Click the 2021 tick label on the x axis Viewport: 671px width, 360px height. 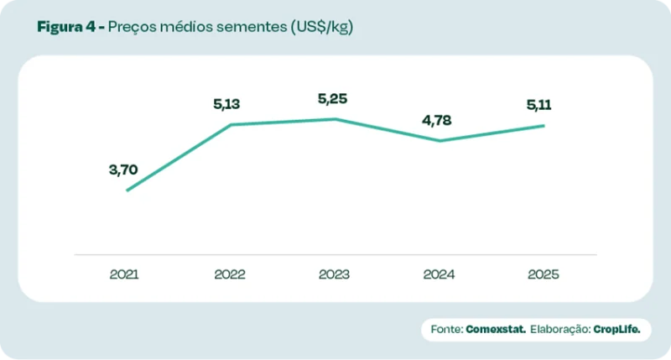(x=124, y=274)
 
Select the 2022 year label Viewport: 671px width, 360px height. (x=229, y=274)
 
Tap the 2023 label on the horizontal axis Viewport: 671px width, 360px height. (x=334, y=274)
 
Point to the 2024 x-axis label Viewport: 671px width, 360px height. (x=439, y=274)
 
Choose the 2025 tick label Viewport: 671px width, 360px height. (x=544, y=274)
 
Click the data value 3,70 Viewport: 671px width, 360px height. (x=122, y=170)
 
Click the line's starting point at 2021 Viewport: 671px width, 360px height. (x=127, y=190)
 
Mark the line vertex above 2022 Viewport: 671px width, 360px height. (x=231, y=125)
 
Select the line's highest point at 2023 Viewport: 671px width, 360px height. (x=335, y=119)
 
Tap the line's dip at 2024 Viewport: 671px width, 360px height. (x=440, y=141)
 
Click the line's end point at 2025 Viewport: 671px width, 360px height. (x=544, y=126)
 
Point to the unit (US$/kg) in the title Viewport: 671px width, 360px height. (x=321, y=27)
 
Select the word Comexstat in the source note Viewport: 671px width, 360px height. (x=496, y=330)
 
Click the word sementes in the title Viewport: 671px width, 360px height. (x=248, y=27)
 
